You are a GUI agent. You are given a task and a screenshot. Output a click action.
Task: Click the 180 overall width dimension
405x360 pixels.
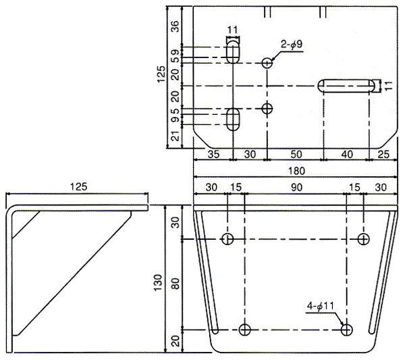click(x=297, y=171)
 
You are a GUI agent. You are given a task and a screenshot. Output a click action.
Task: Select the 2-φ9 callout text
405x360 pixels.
click(x=292, y=45)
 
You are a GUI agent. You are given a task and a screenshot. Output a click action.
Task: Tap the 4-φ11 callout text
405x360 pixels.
click(x=320, y=307)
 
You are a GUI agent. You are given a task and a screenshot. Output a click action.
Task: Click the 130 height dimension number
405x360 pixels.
click(x=158, y=282)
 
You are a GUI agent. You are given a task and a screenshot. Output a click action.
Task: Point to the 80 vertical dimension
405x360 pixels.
click(x=175, y=284)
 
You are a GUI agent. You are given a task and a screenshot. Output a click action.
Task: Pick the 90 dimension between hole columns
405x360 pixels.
click(x=296, y=187)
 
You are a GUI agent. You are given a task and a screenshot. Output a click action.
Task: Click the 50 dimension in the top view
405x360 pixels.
click(x=296, y=154)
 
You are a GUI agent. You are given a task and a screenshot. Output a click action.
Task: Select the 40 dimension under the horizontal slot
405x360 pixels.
click(x=347, y=154)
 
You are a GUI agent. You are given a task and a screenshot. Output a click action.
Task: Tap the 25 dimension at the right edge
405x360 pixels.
click(x=383, y=154)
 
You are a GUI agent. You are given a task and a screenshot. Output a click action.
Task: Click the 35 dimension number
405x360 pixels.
click(x=213, y=154)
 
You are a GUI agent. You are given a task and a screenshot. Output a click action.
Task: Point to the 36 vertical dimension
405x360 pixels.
click(x=175, y=26)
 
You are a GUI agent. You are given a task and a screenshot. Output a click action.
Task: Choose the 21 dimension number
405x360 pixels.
click(x=175, y=136)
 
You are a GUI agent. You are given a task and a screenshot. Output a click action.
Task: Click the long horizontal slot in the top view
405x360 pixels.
click(x=346, y=86)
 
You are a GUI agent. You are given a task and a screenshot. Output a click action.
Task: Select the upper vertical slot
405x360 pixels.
click(x=234, y=53)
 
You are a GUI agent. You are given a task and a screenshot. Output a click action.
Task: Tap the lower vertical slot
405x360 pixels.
click(x=234, y=120)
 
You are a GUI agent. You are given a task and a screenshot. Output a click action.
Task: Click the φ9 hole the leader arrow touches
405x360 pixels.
click(x=267, y=63)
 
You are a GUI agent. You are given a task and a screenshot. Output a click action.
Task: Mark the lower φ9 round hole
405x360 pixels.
click(x=267, y=109)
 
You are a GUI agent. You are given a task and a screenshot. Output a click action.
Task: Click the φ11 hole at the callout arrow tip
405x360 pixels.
click(x=347, y=330)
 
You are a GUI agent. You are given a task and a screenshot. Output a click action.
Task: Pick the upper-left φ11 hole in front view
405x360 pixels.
click(x=228, y=239)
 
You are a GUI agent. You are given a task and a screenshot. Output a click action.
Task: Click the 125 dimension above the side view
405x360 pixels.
click(x=79, y=186)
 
